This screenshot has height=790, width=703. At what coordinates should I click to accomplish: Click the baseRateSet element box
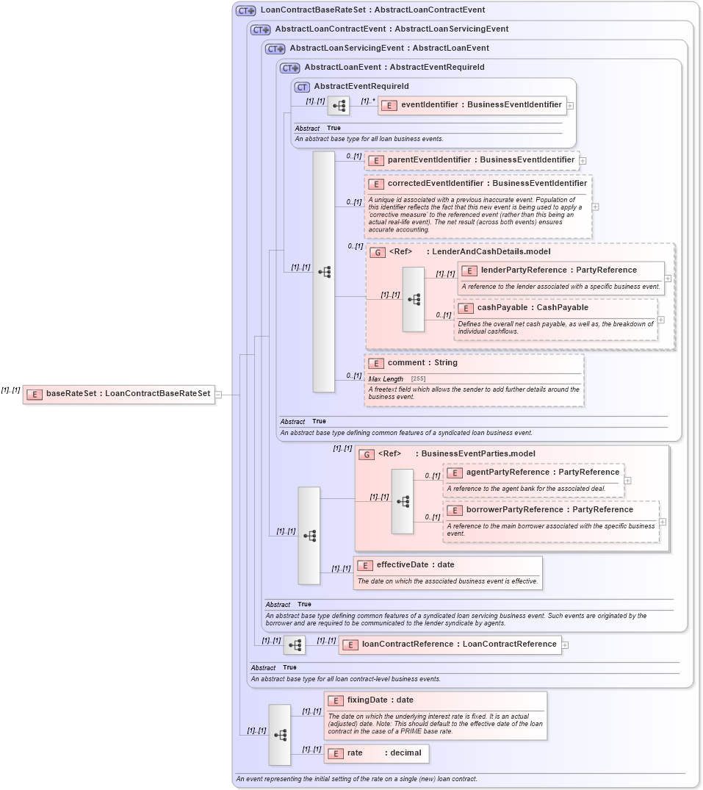point(119,394)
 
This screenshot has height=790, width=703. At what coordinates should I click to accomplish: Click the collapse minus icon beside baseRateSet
point(218,395)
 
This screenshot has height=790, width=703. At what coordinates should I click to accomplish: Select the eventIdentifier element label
point(480,105)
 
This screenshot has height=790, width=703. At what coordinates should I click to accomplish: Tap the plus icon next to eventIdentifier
point(570,106)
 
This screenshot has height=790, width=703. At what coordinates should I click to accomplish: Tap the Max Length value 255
point(418,378)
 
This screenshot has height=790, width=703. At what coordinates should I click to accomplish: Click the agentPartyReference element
point(542,473)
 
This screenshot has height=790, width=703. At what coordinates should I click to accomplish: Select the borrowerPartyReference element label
point(549,510)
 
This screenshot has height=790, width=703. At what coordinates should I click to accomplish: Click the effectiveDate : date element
point(415,565)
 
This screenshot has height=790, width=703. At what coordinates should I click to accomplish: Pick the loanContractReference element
point(458,644)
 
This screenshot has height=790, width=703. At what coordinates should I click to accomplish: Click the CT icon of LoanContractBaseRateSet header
point(245,11)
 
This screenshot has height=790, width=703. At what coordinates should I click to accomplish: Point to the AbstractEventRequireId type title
point(361,87)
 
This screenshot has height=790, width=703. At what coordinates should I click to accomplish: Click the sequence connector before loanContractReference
point(295,645)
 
